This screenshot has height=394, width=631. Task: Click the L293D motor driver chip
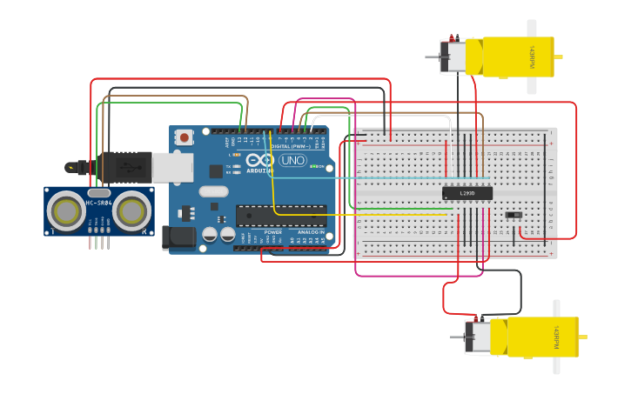tap(467, 193)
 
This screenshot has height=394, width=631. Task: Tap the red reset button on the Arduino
tap(184, 137)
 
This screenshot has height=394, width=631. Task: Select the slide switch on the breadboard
tap(514, 214)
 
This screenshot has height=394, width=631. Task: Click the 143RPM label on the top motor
tap(529, 57)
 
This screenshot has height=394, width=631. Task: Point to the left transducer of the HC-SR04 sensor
tap(66, 210)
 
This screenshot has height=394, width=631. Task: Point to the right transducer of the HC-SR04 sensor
tap(131, 210)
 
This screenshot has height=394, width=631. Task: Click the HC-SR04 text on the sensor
tap(98, 204)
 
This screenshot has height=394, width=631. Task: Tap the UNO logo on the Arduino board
tap(292, 160)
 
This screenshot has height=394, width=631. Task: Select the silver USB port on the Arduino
tap(172, 167)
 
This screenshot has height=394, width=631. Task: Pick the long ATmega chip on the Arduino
tap(280, 215)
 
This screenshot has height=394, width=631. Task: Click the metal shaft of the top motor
tap(433, 57)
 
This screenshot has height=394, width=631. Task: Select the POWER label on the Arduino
tap(273, 232)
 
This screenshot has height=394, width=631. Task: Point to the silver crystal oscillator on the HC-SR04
tap(98, 192)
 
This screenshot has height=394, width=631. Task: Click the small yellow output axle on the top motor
tap(558, 57)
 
